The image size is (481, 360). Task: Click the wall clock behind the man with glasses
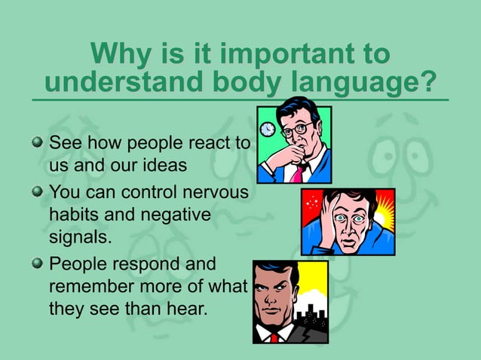coord(267,130)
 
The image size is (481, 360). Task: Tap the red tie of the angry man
coord(274,338)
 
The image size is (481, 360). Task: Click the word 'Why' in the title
coord(118,54)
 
